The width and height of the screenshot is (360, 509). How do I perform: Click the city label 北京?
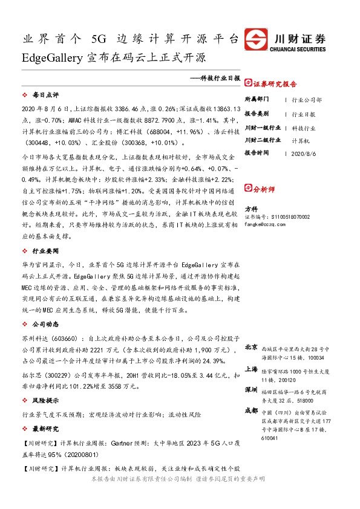pyautogui.click(x=251, y=348)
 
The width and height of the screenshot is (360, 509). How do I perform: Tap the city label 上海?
pyautogui.click(x=251, y=368)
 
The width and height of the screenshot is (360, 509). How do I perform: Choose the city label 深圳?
pyautogui.click(x=251, y=390)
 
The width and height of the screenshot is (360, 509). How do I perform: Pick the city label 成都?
pyautogui.click(x=251, y=410)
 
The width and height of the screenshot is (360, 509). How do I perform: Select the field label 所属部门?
pyautogui.click(x=257, y=99)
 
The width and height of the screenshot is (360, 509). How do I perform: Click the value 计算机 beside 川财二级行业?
pyautogui.click(x=301, y=140)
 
